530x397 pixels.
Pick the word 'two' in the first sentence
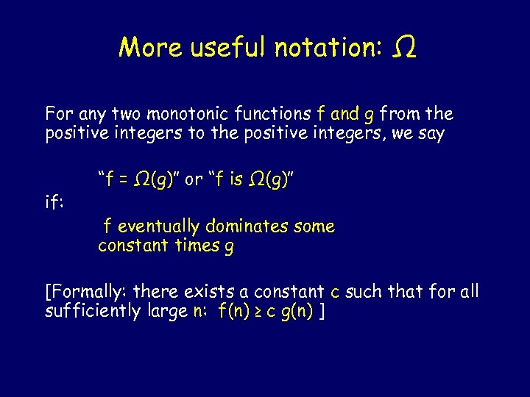(126, 114)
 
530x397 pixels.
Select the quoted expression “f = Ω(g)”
(139, 180)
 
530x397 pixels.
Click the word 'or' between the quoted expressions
(194, 180)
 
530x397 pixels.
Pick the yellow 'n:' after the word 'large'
(200, 312)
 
